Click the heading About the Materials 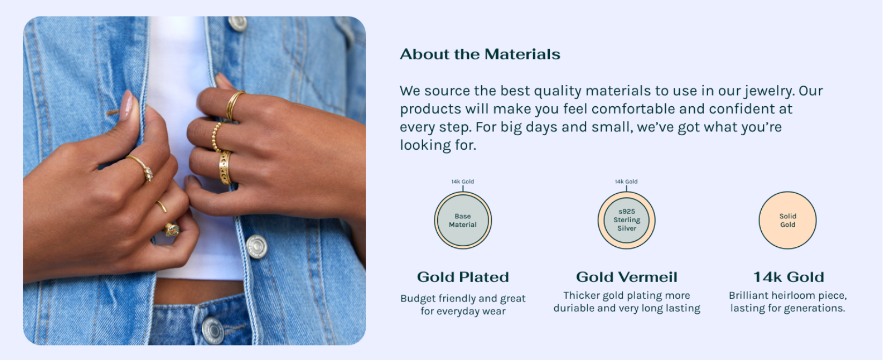point(480,54)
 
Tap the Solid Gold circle point(788,221)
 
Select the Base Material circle point(463,221)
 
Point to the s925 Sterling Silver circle point(627,221)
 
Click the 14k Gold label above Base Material point(463,181)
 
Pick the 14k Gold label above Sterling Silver point(627,181)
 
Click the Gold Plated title point(463,277)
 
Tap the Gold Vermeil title point(627,277)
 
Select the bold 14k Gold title point(789,277)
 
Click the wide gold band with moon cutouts point(225,167)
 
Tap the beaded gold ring point(217,136)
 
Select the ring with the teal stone point(172,230)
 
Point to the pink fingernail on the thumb point(127,105)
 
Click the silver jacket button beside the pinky point(256,246)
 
